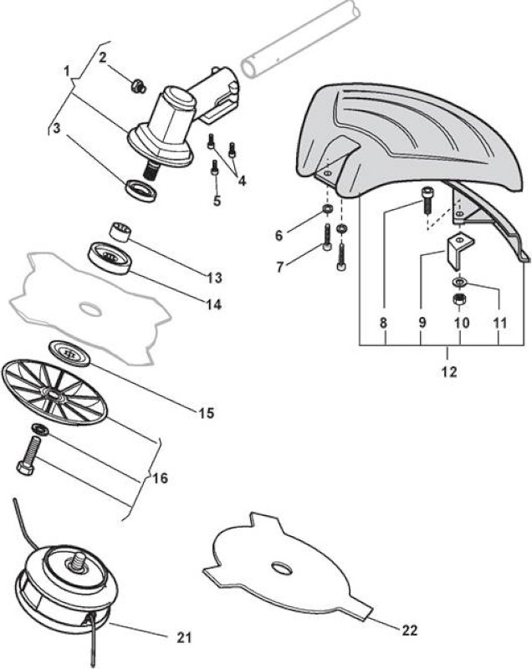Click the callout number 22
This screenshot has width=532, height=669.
coord(410,631)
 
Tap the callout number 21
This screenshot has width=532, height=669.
coord(184,637)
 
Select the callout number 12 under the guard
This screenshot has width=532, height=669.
coord(450,371)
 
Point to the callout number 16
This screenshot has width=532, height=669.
coord(161,478)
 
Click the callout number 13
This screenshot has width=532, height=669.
coord(215,278)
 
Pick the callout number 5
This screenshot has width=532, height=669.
coord(217,201)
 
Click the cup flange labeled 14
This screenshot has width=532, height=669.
coord(109,259)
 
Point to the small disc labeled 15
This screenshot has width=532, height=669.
coord(69,353)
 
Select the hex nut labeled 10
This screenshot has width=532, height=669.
coord(459,299)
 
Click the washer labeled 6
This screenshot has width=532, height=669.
coord(329,208)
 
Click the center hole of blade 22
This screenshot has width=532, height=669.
coord(282,568)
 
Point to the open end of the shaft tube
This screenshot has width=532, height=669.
coord(248,69)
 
